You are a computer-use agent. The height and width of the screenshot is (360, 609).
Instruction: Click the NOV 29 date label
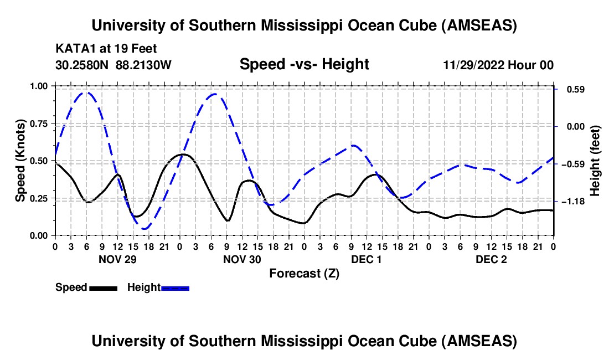(117, 259)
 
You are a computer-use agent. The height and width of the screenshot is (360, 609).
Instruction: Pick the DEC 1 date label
(367, 259)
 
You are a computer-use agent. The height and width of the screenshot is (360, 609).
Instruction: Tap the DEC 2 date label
(491, 259)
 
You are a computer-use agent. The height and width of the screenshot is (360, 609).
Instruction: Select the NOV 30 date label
(242, 259)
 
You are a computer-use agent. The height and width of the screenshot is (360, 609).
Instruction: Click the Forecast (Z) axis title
(304, 273)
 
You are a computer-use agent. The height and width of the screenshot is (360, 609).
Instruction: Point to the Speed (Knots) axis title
(20, 161)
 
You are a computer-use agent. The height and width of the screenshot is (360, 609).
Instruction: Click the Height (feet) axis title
(595, 161)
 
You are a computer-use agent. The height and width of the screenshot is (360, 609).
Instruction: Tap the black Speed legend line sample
(103, 287)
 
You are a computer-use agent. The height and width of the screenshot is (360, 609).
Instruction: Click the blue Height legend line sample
(176, 287)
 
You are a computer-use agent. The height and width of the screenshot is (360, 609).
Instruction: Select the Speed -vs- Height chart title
(304, 64)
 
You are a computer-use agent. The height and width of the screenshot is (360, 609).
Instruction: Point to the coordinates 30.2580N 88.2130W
(113, 65)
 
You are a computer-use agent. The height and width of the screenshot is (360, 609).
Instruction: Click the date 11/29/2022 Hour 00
(498, 65)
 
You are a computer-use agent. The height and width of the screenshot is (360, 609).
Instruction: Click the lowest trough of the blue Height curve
(145, 228)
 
